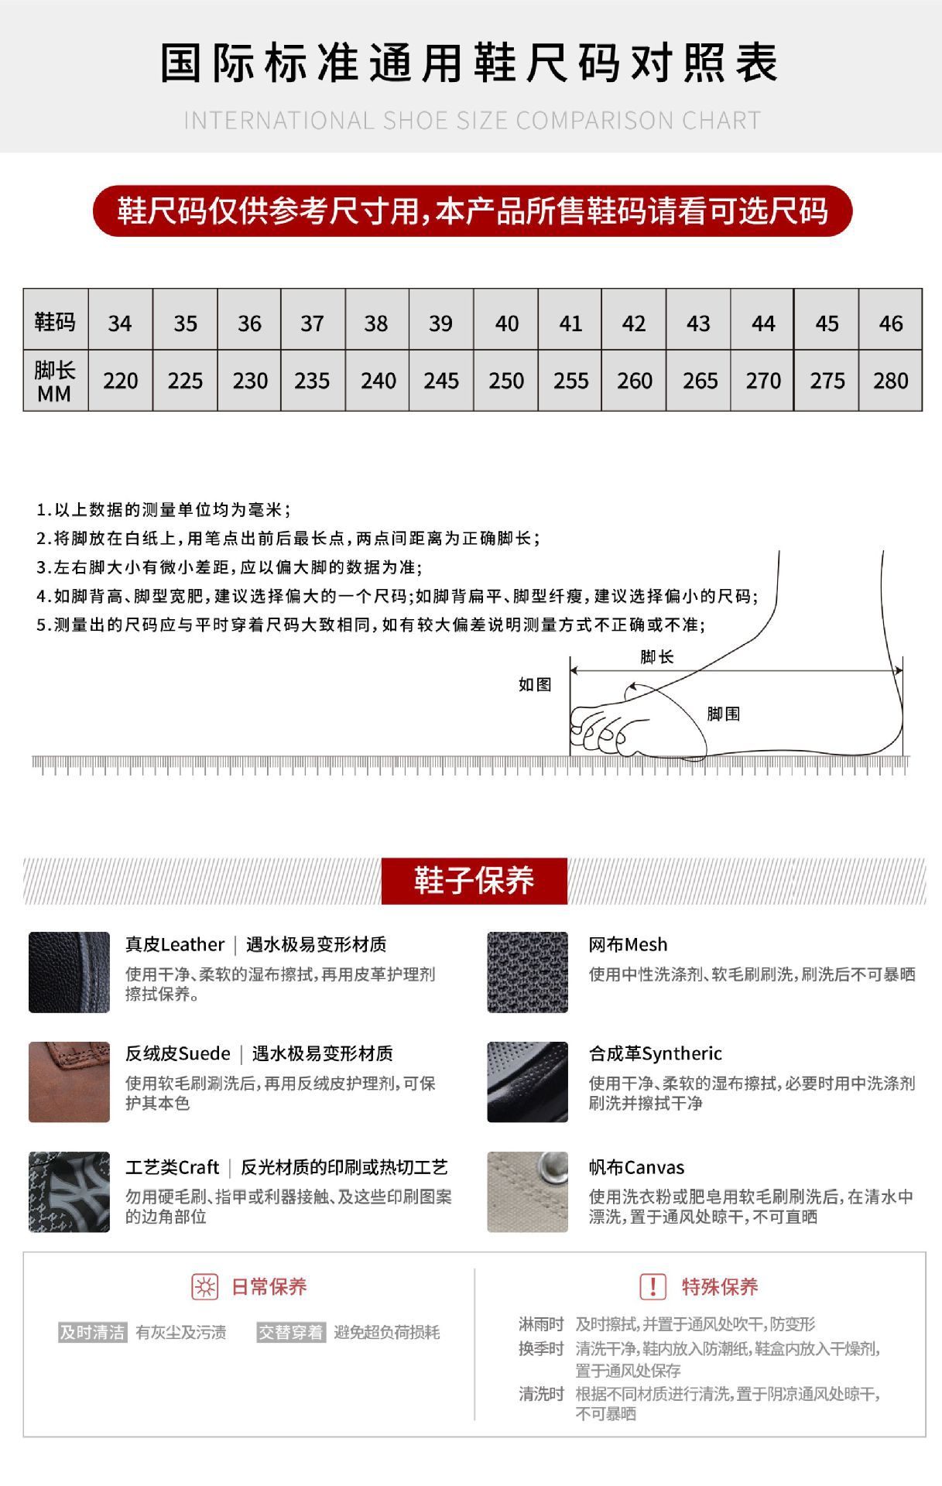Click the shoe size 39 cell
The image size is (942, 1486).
coord(440,323)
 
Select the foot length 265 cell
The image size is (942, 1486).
coord(699,380)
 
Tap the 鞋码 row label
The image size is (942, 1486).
coord(55,321)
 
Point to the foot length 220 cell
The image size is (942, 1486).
coord(120,380)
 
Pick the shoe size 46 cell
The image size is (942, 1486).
coord(890,323)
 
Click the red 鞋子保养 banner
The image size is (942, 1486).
coord(474,880)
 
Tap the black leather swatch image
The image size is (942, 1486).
coord(69,971)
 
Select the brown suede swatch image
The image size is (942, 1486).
coord(69,1081)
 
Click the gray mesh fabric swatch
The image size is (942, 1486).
coord(527,971)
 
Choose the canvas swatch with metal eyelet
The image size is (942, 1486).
coord(527,1191)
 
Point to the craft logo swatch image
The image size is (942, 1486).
coord(69,1191)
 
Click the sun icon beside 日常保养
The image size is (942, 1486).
coord(205,1286)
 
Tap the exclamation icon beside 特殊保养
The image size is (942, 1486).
coord(653,1286)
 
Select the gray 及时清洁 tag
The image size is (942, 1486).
coord(93,1332)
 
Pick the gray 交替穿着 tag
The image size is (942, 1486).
coord(291,1332)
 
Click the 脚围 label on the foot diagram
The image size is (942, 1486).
coord(723,714)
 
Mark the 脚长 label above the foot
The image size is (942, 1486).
coord(656,657)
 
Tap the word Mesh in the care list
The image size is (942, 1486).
coord(647,944)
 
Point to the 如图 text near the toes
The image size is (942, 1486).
coord(535,684)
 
